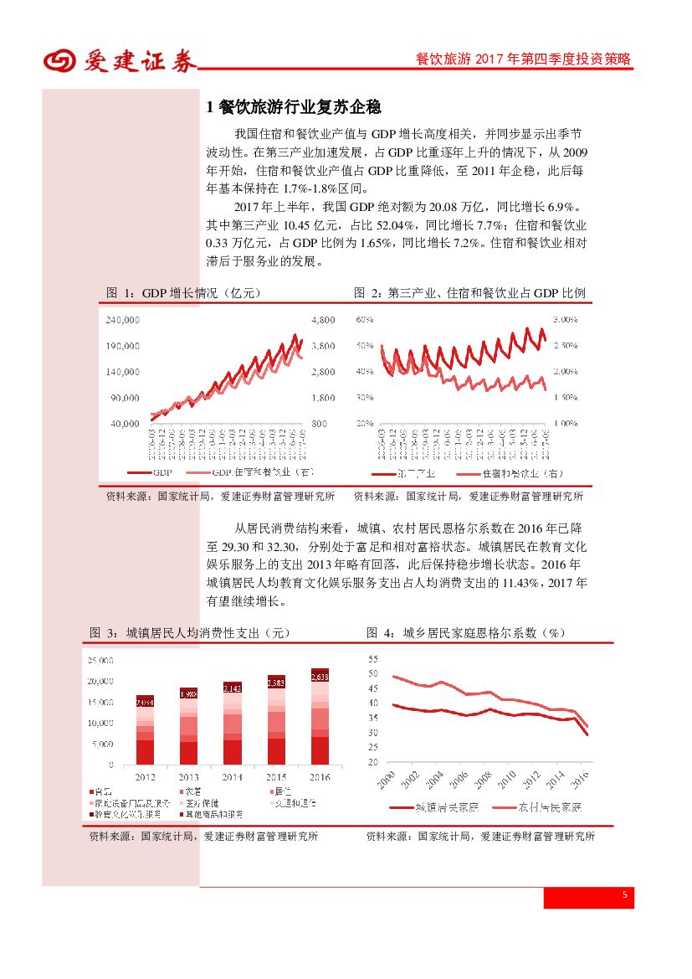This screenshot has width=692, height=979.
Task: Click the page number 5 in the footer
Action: tap(624, 896)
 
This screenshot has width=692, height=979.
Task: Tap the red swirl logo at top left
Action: tap(59, 61)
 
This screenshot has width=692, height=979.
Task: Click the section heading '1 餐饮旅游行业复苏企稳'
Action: tap(294, 107)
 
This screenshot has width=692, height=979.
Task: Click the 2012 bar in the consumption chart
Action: tap(145, 729)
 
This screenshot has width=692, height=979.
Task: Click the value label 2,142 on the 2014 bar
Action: tap(232, 688)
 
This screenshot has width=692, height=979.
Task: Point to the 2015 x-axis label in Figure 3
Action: tap(276, 777)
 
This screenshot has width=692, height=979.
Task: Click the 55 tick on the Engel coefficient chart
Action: tap(373, 659)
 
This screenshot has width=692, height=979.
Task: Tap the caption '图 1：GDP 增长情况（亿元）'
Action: tap(184, 293)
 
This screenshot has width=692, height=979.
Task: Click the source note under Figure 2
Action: tap(468, 496)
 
